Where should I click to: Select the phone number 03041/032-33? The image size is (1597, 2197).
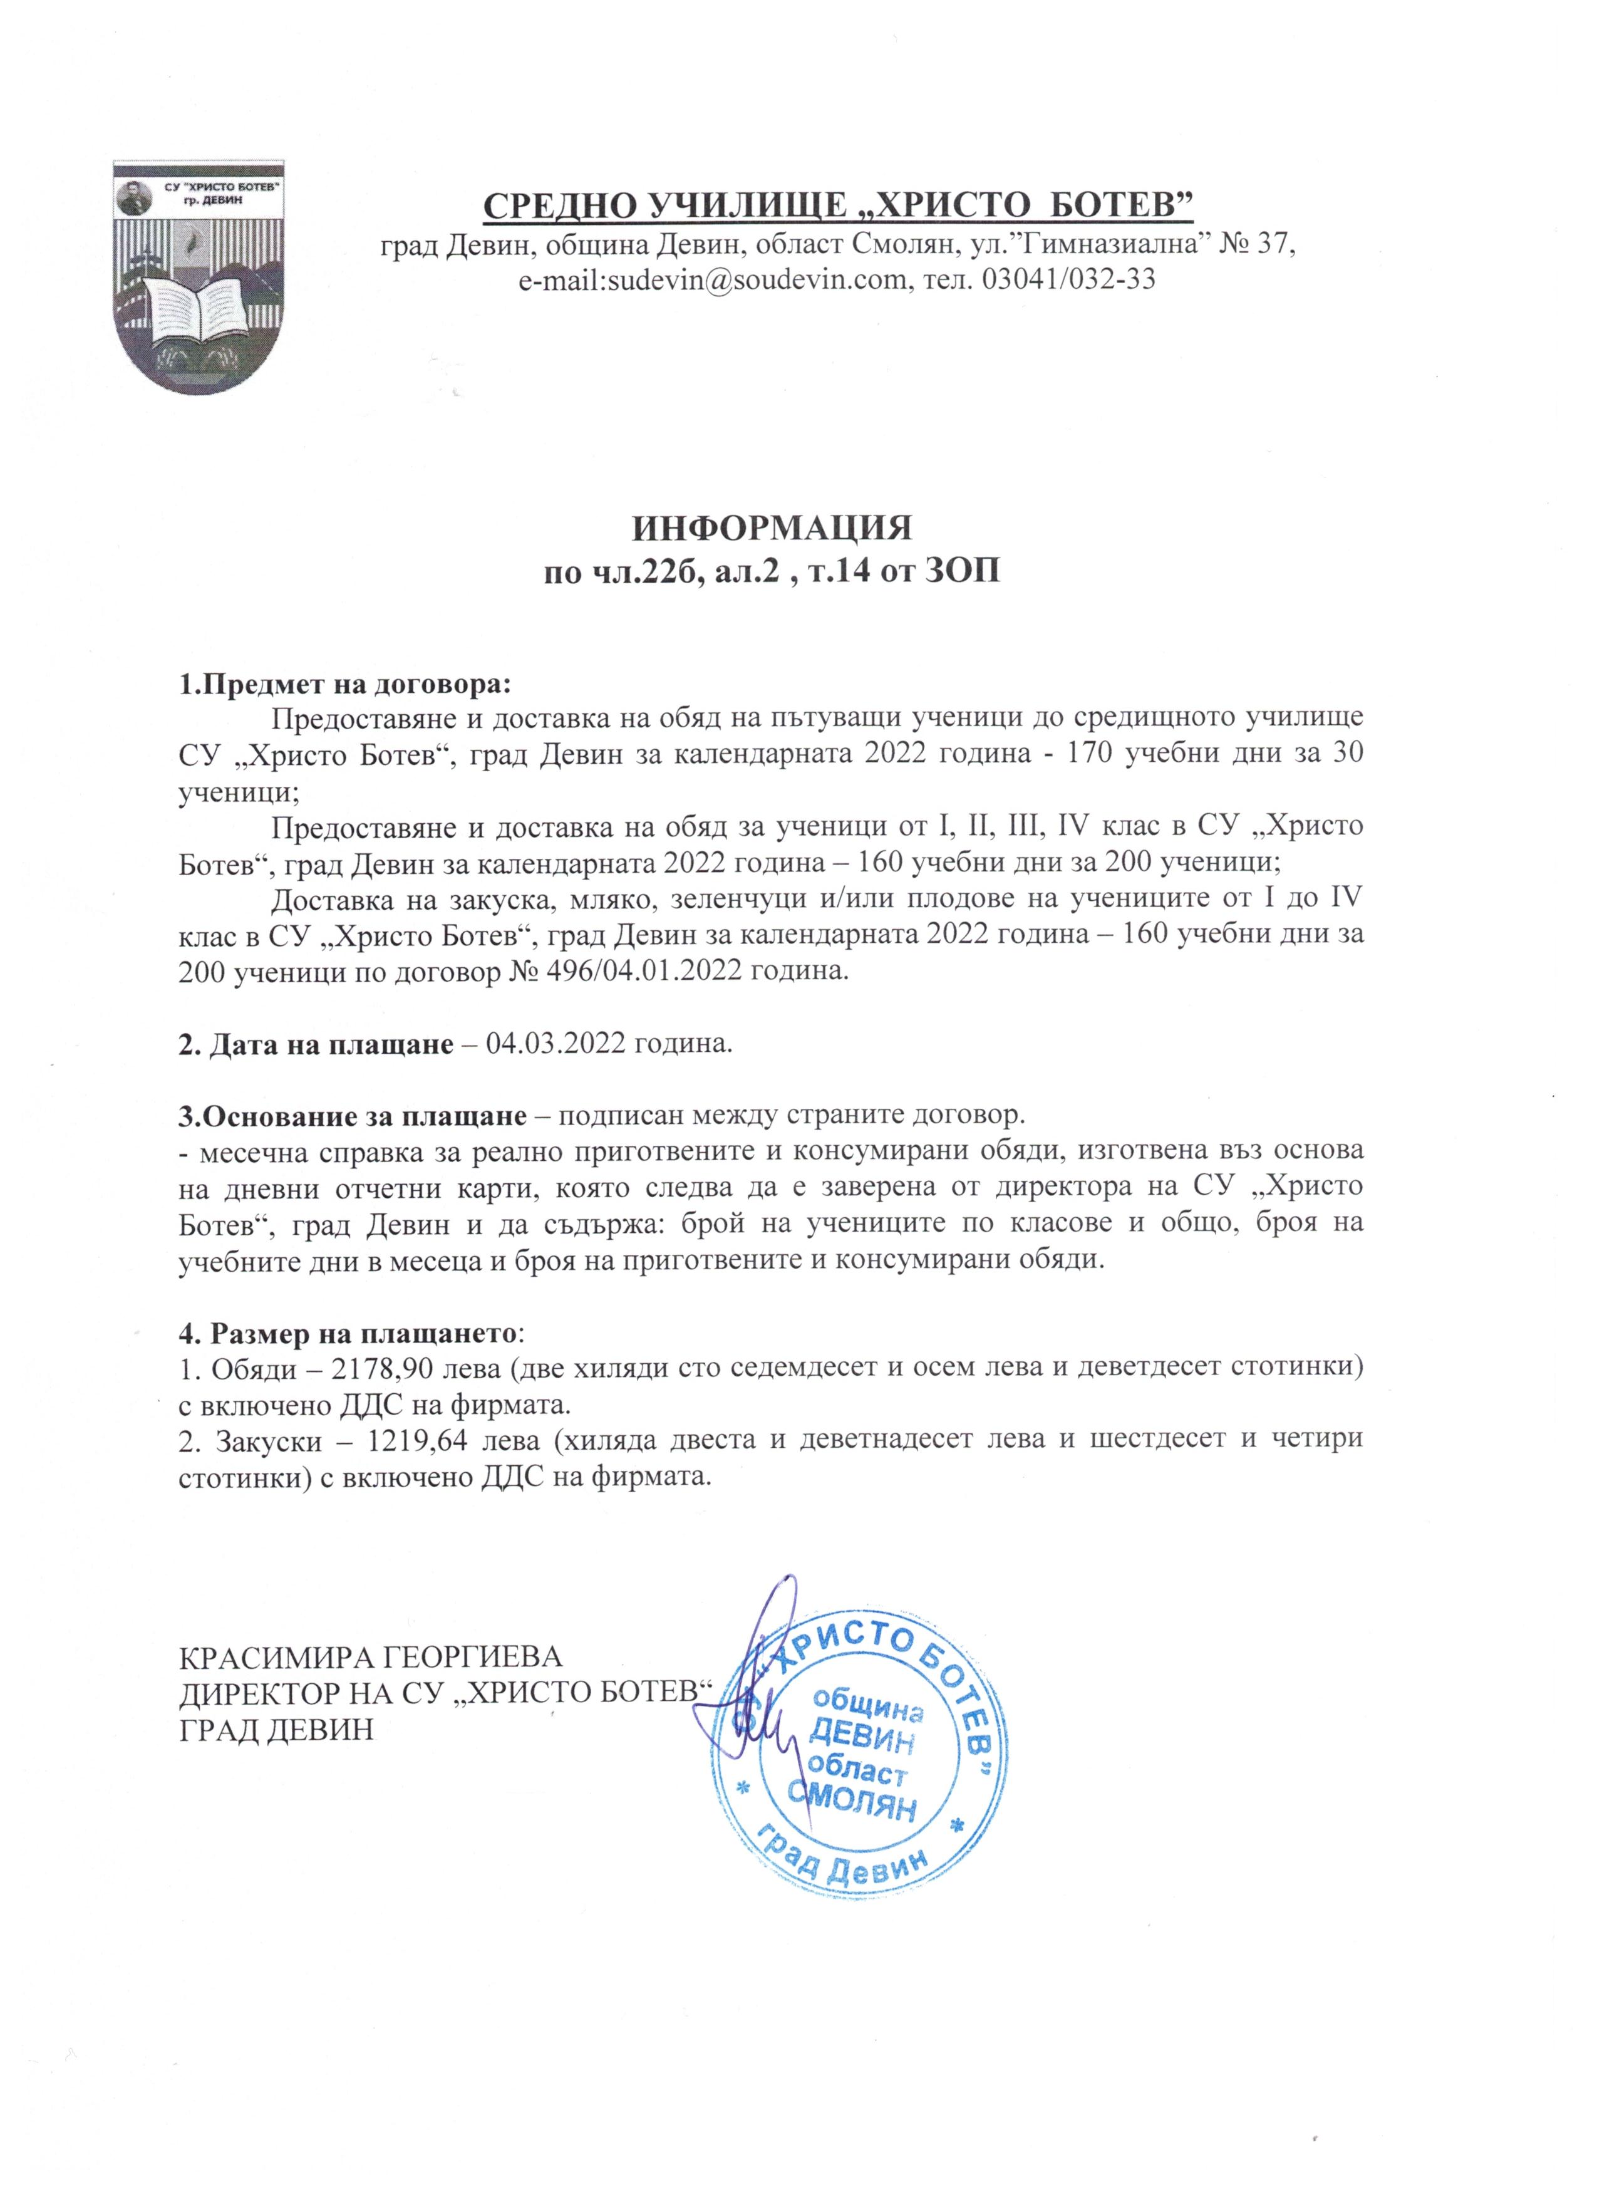(1069, 280)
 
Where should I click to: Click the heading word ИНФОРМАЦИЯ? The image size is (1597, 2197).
(772, 529)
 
